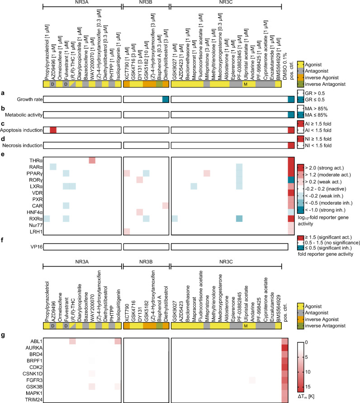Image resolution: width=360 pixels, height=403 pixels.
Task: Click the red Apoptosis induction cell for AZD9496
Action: pyautogui.click(x=53, y=130)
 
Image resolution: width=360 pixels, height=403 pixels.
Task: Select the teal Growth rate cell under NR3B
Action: pyautogui.click(x=166, y=99)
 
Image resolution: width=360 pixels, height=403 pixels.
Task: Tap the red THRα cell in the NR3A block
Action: pyautogui.click(x=92, y=160)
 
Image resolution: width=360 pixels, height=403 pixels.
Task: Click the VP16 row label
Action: pyautogui.click(x=36, y=247)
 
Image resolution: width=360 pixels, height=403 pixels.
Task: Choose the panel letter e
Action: pyautogui.click(x=2, y=154)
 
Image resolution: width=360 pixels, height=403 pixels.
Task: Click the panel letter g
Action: pyautogui.click(x=3, y=335)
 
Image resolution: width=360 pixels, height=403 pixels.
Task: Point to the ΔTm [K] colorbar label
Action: pyautogui.click(x=306, y=396)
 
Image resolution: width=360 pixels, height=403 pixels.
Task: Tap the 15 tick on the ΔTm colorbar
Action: pyautogui.click(x=307, y=387)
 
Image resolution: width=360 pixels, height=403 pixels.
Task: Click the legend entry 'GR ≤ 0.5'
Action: pyautogui.click(x=315, y=99)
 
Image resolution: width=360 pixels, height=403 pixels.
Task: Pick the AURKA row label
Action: pyautogui.click(x=34, y=348)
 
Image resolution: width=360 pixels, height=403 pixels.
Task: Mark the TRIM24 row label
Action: pyautogui.click(x=34, y=400)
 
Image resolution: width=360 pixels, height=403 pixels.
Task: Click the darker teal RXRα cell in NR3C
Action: pyautogui.click(x=239, y=219)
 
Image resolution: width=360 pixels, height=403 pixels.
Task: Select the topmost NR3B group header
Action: pyautogui.click(x=146, y=2)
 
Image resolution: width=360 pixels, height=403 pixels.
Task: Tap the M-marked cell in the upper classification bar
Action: pyautogui.click(x=246, y=84)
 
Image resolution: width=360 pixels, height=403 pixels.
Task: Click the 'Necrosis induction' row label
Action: pyautogui.click(x=23, y=145)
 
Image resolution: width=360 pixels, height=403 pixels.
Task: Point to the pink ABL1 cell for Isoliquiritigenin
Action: pyautogui.click(x=118, y=341)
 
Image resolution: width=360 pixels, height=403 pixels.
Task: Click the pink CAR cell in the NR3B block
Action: pyautogui.click(x=166, y=206)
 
